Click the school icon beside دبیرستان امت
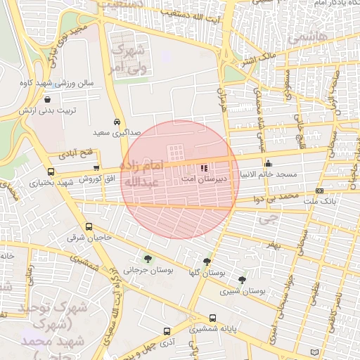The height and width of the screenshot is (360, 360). pos(204,169)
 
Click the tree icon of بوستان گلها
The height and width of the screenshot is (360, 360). pos(207,262)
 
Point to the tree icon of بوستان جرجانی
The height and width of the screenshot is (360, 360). pos(146,259)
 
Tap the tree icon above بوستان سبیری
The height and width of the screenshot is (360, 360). pos(243,280)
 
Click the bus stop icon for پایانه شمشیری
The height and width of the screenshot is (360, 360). pos(212,319)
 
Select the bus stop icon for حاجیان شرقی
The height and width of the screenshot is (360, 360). pos(89,227)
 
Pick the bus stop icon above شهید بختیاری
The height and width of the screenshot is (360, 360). pos(50,172)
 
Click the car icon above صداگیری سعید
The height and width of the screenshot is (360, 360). pos(117,121)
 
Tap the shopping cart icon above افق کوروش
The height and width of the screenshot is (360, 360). pos(96,168)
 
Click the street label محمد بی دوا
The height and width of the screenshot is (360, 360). pos(280,199)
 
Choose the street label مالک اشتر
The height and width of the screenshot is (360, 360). pos(257,59)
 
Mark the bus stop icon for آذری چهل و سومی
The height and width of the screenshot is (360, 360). pos(167,331)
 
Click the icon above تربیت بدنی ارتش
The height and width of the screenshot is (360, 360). pos(47,100)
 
